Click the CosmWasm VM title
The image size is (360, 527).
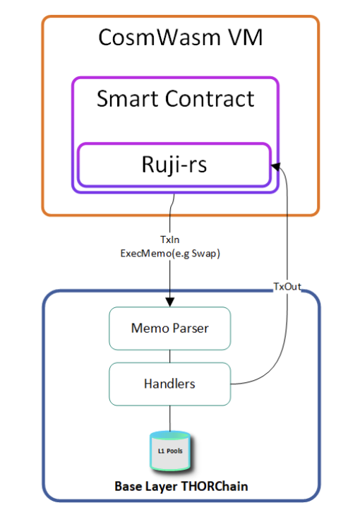click(x=180, y=37)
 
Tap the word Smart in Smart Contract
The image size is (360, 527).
click(x=127, y=98)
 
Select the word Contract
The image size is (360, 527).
click(x=209, y=98)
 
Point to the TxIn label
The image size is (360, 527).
click(x=170, y=239)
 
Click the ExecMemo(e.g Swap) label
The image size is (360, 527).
click(x=170, y=254)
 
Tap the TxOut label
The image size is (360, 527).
click(x=287, y=286)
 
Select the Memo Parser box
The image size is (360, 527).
click(x=170, y=328)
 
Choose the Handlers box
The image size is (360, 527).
click(x=170, y=384)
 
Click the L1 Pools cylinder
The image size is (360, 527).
click(x=170, y=451)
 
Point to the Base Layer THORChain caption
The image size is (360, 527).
click(x=181, y=486)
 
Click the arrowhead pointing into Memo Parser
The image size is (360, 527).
click(x=170, y=302)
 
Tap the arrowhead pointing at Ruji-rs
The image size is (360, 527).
click(x=276, y=166)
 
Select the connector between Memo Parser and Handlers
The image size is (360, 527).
click(x=170, y=356)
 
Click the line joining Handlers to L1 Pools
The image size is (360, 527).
click(x=170, y=418)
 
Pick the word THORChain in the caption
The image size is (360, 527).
click(x=215, y=486)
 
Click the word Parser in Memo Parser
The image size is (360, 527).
click(x=191, y=328)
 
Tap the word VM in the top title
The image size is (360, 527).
click(x=246, y=37)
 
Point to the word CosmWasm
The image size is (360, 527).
click(x=160, y=37)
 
